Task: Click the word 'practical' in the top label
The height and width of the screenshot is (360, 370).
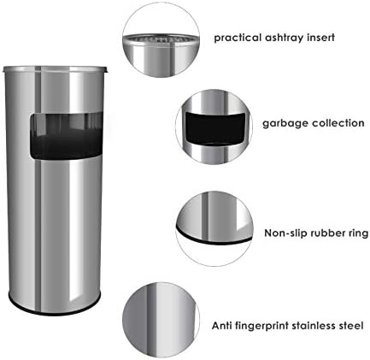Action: point(238,38)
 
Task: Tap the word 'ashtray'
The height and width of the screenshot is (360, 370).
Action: point(285,38)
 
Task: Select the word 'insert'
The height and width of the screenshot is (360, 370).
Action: point(320,38)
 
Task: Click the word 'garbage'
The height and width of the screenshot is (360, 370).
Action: point(285,124)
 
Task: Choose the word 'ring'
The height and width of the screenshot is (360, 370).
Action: point(358,233)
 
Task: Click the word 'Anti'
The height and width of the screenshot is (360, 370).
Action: point(222,325)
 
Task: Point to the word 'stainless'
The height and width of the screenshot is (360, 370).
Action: point(314,325)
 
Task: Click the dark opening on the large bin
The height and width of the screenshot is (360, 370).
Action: point(67,136)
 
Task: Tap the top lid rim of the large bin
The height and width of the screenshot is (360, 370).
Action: point(55,69)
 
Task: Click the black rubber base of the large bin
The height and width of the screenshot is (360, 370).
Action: point(54,310)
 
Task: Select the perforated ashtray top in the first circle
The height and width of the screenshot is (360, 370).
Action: point(160,38)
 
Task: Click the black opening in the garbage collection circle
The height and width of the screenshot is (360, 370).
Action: point(215,129)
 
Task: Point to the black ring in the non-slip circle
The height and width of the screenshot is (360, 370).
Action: point(214,239)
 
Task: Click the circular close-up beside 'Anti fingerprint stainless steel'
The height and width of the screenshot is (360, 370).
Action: point(162,320)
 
